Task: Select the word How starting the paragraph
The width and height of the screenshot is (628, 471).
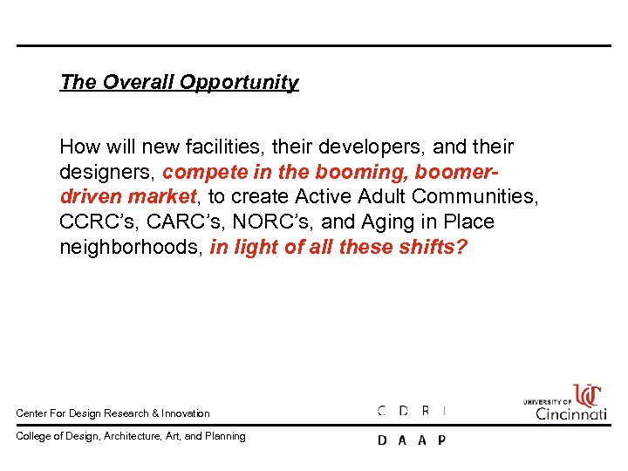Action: (78, 147)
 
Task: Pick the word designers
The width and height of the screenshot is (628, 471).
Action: (107, 172)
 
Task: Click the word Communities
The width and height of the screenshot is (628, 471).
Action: (474, 197)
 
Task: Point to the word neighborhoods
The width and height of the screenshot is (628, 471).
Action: (132, 248)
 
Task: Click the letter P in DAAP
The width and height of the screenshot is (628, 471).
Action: (441, 440)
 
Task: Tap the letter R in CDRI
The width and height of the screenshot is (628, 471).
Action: (425, 410)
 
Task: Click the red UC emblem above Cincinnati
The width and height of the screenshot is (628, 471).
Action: (587, 395)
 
